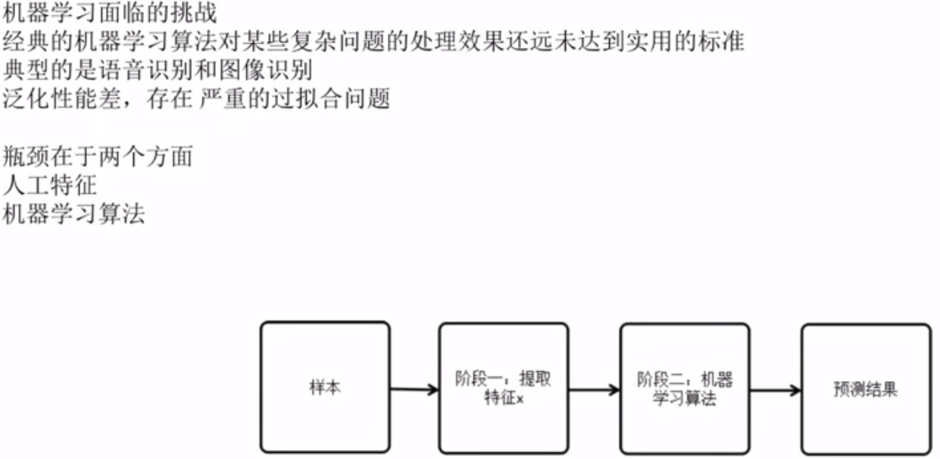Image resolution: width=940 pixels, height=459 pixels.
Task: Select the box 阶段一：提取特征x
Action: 504,388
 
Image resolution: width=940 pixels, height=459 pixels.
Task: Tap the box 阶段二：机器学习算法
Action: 685,389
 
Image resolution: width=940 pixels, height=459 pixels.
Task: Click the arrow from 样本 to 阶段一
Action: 414,390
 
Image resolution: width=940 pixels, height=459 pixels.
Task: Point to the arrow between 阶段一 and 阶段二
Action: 594,391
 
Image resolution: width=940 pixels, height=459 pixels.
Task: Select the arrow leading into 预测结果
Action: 775,391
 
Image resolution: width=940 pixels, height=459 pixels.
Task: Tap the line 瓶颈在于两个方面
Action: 98,157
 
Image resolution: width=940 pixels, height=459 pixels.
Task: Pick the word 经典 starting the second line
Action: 26,42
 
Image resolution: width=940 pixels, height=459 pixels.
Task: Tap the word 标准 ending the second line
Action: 720,42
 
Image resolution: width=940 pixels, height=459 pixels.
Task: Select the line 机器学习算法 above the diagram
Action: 74,214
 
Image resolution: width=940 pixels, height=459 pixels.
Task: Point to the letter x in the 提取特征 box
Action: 520,398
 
